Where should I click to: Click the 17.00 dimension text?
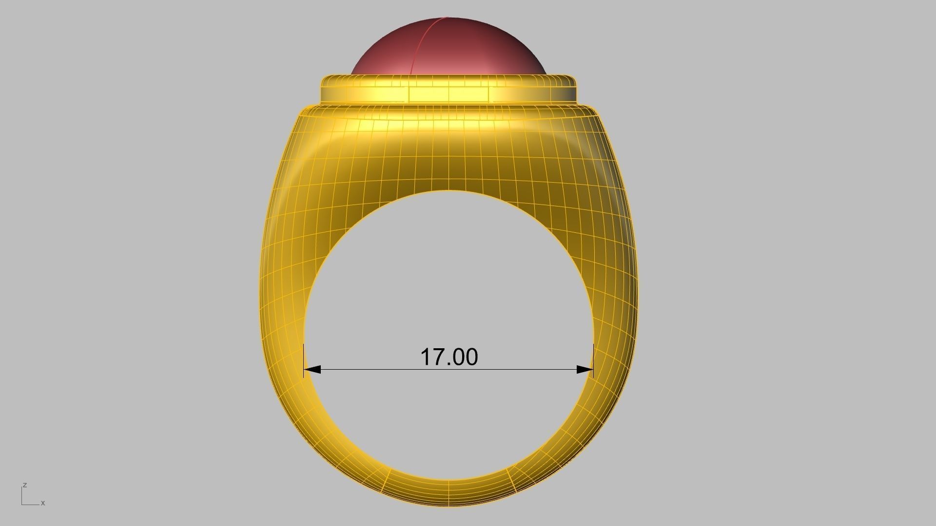pos(449,357)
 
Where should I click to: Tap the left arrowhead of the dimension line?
pos(312,370)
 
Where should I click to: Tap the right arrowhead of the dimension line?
pos(585,370)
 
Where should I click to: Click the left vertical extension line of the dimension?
pos(304,358)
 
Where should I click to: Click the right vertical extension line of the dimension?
pos(593,358)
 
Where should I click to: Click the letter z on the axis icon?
pos(24,485)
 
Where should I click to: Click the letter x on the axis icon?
pos(43,503)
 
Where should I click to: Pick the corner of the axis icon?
pos(22,504)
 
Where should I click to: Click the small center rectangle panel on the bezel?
pos(448,94)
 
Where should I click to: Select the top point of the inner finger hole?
pos(448,191)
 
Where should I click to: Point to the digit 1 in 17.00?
pos(426,357)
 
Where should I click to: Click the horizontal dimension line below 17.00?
pos(448,370)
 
